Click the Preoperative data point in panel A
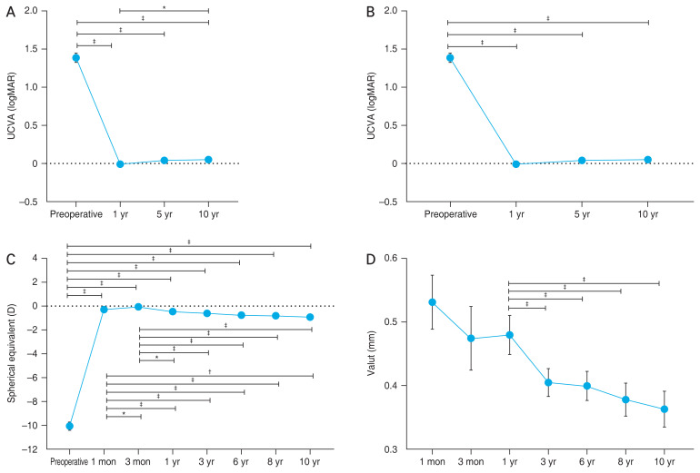tap(76, 57)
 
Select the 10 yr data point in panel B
tap(648, 160)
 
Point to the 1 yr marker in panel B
tap(516, 164)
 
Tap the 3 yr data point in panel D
tap(548, 382)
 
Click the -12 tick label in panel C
tap(30, 449)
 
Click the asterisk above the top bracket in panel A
tap(164, 7)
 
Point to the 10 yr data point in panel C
tap(310, 317)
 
